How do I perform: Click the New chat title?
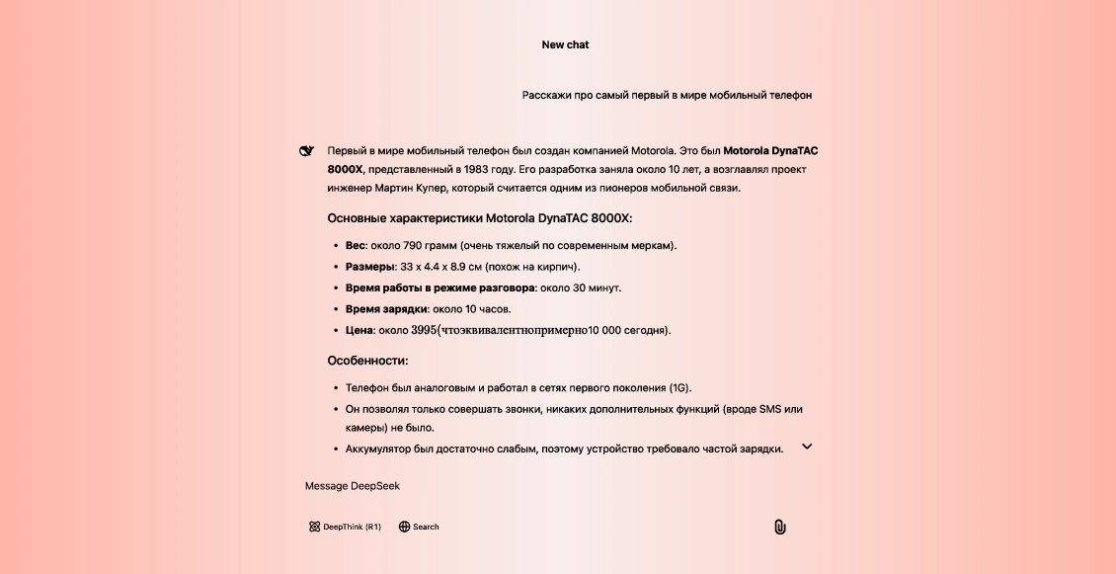click(x=565, y=44)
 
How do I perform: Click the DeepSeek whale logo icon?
click(x=306, y=151)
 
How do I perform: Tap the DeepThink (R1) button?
click(x=345, y=527)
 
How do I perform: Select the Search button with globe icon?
click(x=419, y=527)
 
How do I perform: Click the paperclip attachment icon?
click(x=779, y=527)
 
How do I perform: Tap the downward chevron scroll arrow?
click(x=807, y=447)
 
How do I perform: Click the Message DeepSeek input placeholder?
click(x=353, y=486)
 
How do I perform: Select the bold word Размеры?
click(x=369, y=267)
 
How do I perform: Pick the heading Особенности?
click(x=367, y=361)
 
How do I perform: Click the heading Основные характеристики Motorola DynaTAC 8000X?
click(x=479, y=217)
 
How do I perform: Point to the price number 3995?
click(x=423, y=330)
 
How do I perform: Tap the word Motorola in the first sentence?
click(x=648, y=151)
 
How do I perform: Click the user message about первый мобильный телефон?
click(x=667, y=95)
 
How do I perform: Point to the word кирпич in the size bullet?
click(x=554, y=267)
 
